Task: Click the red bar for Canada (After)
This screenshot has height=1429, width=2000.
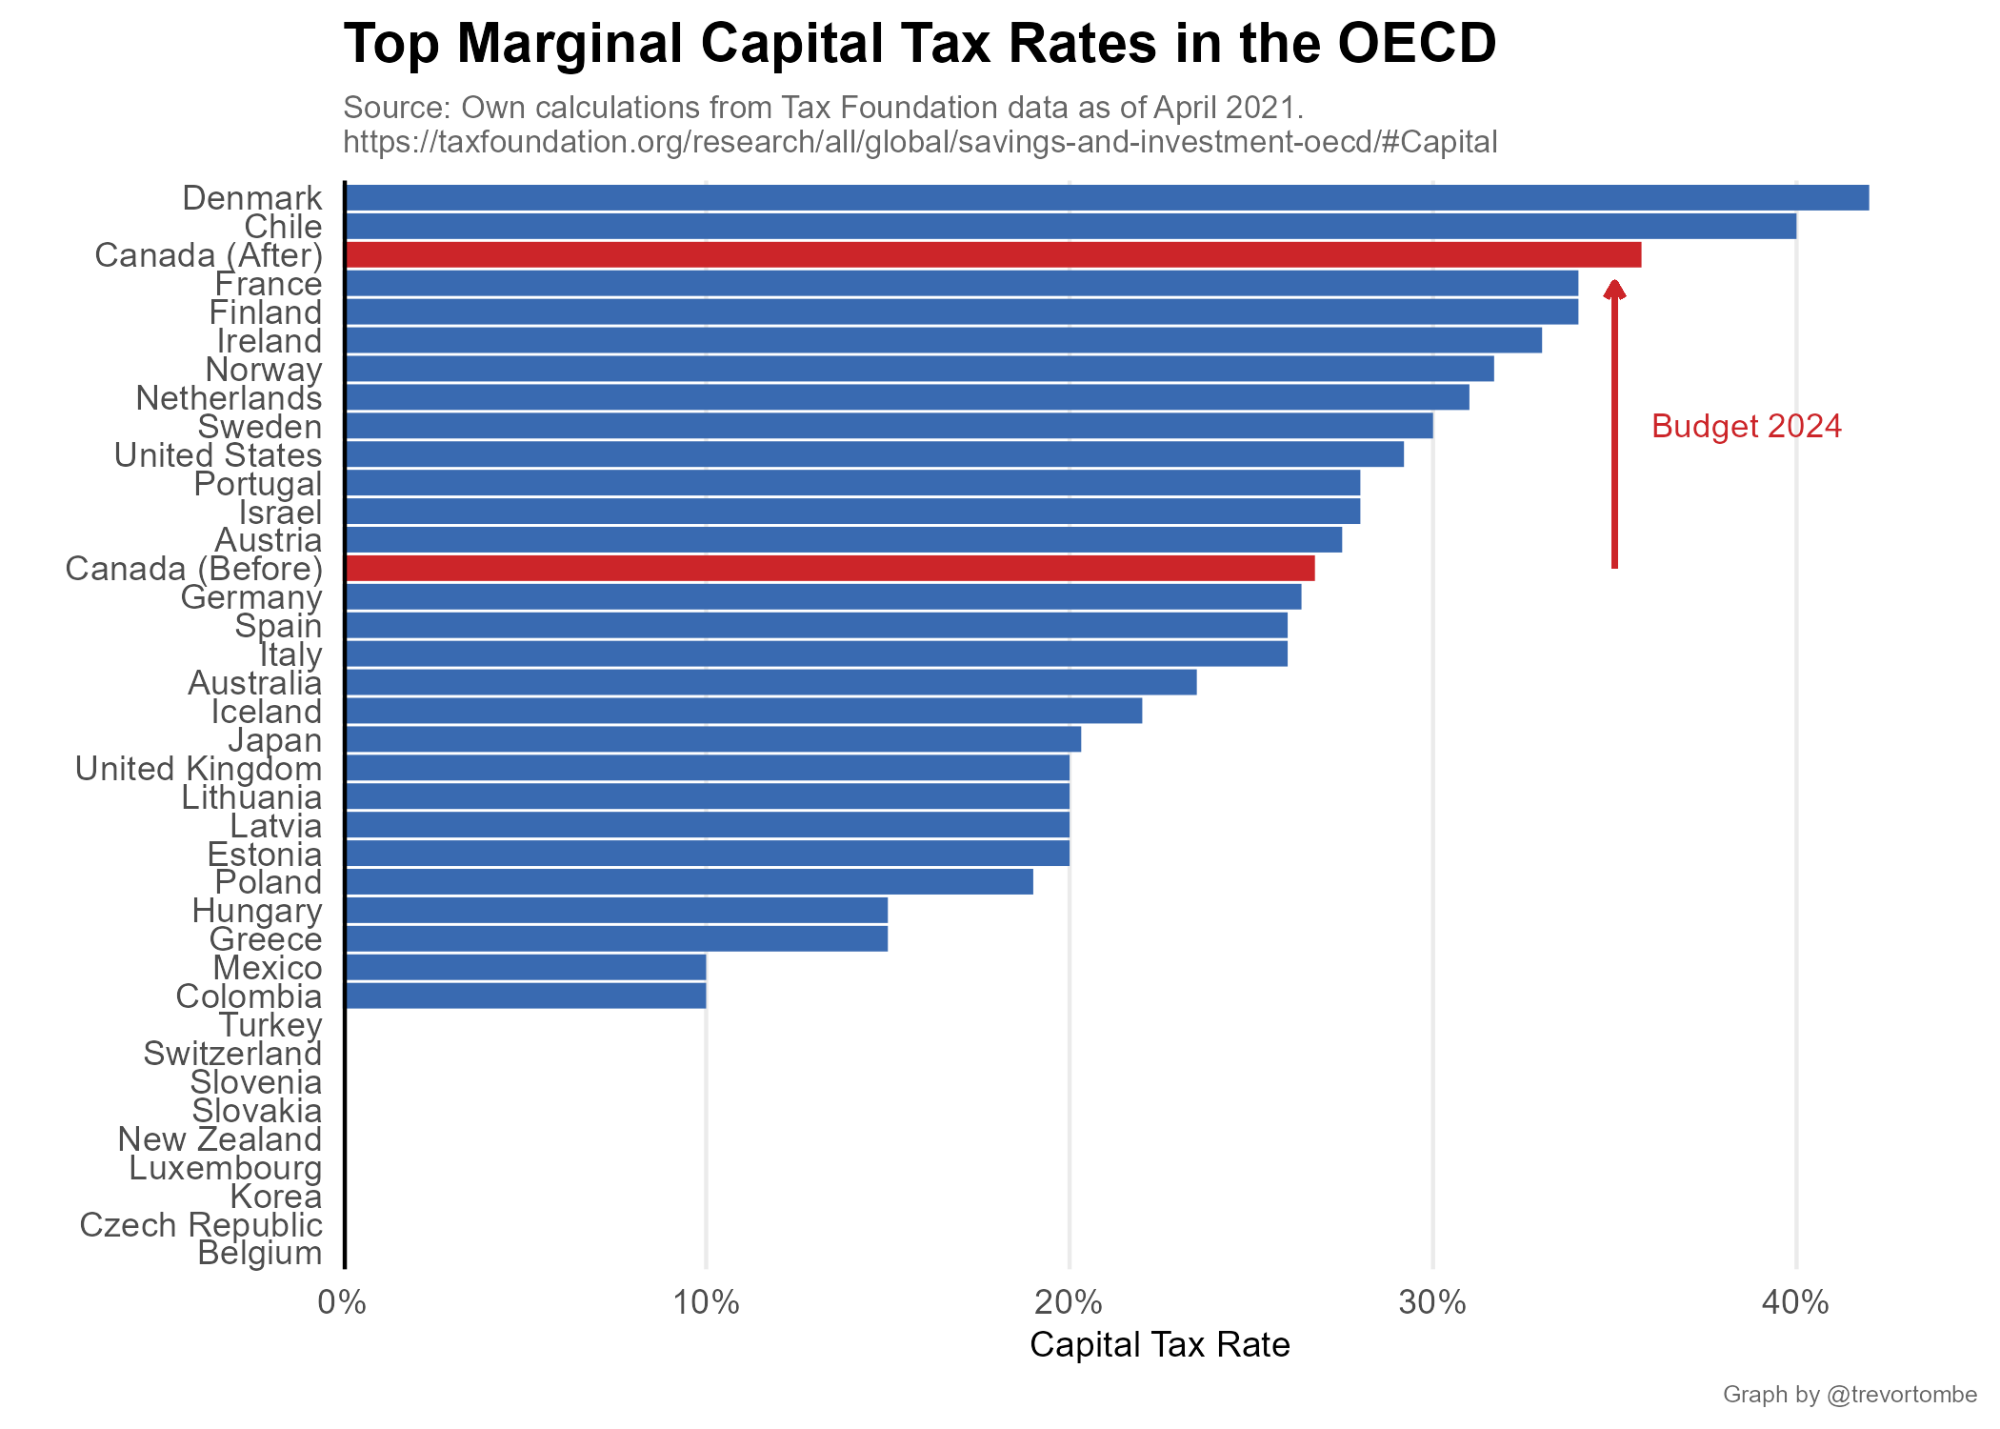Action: coord(993,255)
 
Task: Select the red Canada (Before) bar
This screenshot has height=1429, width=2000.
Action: coord(830,569)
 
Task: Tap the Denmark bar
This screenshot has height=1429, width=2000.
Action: coord(1107,198)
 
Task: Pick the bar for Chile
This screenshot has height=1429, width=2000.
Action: coord(1070,227)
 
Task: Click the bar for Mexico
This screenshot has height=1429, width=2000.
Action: coord(526,968)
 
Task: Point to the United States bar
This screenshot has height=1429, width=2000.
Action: coord(874,454)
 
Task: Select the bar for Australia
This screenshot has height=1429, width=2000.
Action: coord(770,683)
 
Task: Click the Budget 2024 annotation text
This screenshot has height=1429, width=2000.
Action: coord(1747,427)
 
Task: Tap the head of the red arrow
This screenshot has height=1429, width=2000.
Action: coord(1614,289)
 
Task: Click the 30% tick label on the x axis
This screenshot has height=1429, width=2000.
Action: coord(1432,1302)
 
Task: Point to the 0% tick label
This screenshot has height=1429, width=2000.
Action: coord(342,1302)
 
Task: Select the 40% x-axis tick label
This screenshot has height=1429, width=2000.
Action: coord(1795,1302)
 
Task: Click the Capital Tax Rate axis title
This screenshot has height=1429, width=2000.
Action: coord(1160,1345)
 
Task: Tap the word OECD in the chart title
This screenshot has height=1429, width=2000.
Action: coord(1416,44)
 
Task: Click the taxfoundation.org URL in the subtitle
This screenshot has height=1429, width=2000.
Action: coord(920,142)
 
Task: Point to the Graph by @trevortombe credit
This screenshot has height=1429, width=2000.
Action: coord(1850,1395)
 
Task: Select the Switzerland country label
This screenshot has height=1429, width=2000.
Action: coord(232,1054)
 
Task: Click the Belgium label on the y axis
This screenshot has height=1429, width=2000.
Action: coord(260,1254)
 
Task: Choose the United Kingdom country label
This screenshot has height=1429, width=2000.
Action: coord(198,769)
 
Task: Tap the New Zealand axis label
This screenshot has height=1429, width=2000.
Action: coord(220,1139)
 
